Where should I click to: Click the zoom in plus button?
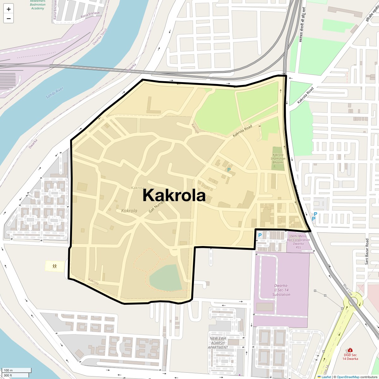point(9,9)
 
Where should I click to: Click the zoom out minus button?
point(9,18)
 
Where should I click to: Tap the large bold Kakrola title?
point(174,195)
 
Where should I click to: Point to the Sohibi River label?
point(55,93)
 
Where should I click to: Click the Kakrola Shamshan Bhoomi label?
point(278,159)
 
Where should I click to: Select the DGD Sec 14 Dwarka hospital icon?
point(350,350)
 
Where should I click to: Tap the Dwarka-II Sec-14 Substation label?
point(281,290)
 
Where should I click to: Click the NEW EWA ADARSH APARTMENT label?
point(218,343)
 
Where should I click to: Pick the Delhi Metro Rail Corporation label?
point(298,240)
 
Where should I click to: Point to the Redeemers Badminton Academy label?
point(38,5)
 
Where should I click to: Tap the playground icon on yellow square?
point(55,266)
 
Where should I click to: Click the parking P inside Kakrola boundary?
point(229,170)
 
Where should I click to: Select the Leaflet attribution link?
point(326,377)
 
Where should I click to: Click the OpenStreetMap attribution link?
point(348,377)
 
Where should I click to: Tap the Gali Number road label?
point(157,206)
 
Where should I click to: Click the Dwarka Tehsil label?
point(100,37)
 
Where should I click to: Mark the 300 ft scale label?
point(8,375)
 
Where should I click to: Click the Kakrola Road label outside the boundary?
point(306,95)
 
